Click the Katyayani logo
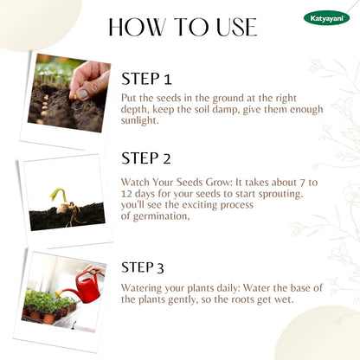coord(326,18)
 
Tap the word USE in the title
coord(236,27)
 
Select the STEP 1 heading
coord(146,79)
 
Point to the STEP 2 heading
coord(146,158)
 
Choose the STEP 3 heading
coord(142,267)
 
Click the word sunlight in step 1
coord(139,120)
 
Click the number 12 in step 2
coord(126,194)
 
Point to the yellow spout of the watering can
coord(59,294)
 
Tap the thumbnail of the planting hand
coord(69,93)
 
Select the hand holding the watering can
coord(96,270)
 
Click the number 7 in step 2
coord(301,183)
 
